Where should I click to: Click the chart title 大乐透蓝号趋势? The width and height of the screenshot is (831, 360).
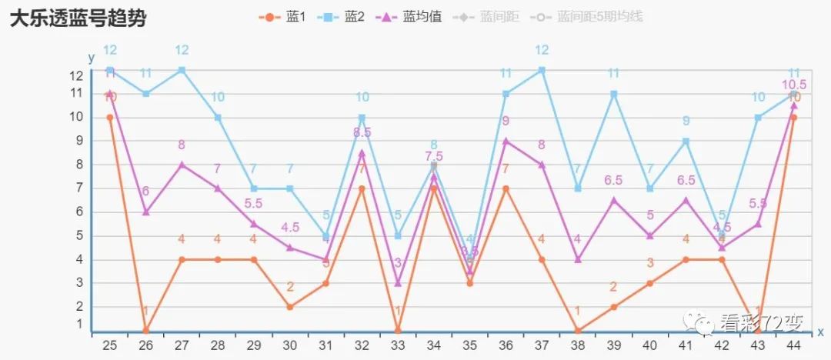coord(78,18)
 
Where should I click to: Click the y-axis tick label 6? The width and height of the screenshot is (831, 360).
coord(79,212)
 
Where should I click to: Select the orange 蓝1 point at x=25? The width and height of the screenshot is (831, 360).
coord(110,118)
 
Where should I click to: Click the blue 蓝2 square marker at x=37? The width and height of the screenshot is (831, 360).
coord(542,70)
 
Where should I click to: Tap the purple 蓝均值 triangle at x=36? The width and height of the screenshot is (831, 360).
coord(506,141)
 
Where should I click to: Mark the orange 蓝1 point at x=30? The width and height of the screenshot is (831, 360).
coord(290,307)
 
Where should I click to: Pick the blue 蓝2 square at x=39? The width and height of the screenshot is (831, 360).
coord(614,94)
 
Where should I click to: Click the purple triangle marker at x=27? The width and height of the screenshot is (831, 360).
coord(182,165)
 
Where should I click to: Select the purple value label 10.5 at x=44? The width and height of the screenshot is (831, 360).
coord(794,85)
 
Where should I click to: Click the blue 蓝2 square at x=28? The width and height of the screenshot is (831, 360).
coord(218,118)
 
